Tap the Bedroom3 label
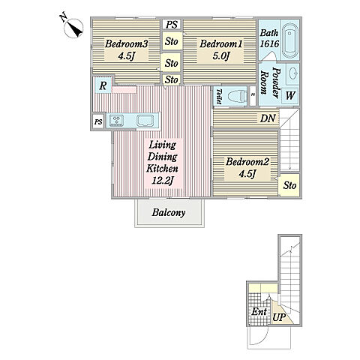coord(127,44)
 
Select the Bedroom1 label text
coord(221,44)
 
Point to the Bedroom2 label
coord(247,162)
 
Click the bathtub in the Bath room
coord(290,40)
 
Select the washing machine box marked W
coord(290,95)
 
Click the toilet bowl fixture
coord(235,96)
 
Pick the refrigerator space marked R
coord(103,85)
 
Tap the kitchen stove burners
coord(117,120)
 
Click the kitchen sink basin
coord(145,120)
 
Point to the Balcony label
coord(169,212)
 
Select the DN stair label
coord(268,118)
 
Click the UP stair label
coord(279,317)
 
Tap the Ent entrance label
coord(259,311)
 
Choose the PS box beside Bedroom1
coord(172,25)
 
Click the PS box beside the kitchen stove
coord(98,121)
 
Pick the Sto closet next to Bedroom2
coord(289,185)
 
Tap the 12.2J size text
coord(163,180)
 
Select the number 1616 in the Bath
coord(269,44)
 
